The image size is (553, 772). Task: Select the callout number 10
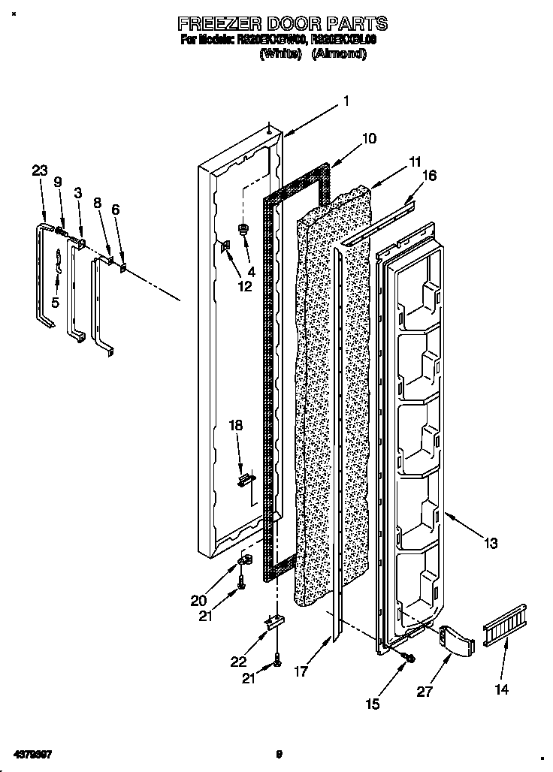coord(368,138)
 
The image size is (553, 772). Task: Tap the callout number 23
coord(39,171)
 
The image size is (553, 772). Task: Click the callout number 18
coord(236,425)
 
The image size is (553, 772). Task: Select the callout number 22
coord(238,661)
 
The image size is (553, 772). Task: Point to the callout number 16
coord(429,176)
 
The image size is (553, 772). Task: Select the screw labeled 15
coord(409,657)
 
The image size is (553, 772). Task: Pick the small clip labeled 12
coord(225,247)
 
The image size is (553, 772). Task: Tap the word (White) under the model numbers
coord(280,54)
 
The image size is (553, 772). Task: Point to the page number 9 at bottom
coord(278,754)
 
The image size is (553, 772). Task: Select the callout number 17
coord(301,673)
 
